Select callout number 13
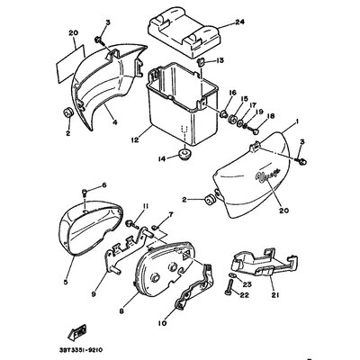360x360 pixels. (220, 60)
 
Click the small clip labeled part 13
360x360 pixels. (202, 62)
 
